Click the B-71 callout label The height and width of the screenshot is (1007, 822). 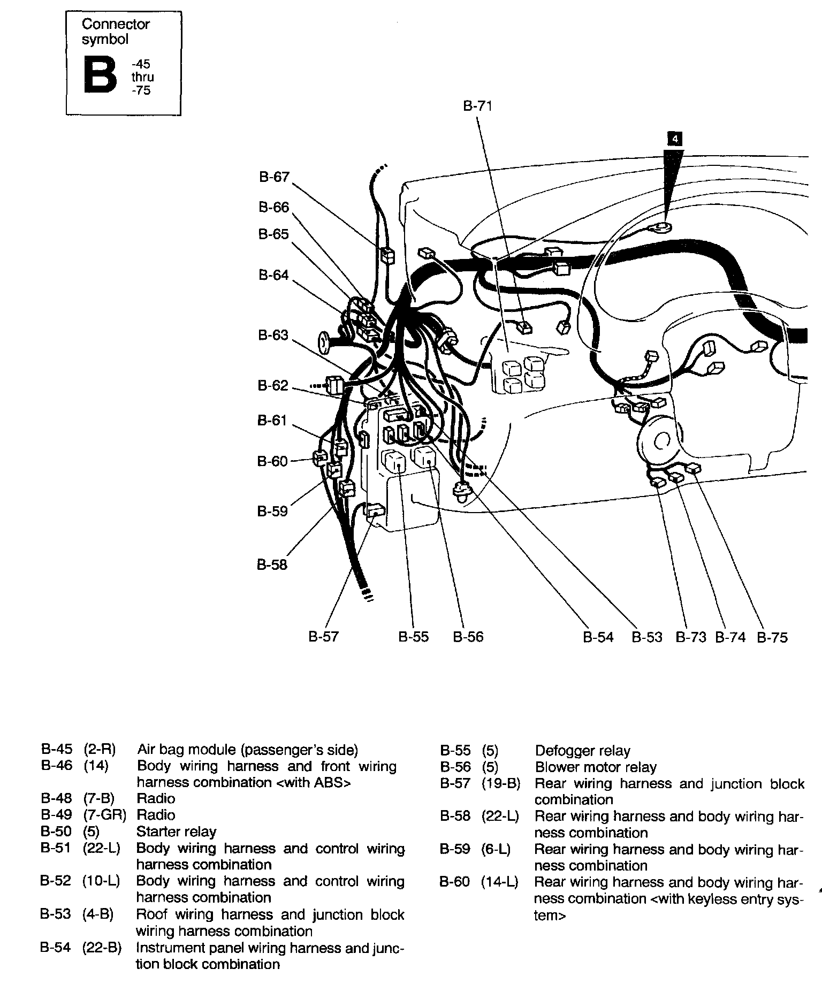click(x=477, y=106)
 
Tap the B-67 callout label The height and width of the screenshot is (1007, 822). click(x=274, y=177)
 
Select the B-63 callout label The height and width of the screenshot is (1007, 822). click(x=273, y=335)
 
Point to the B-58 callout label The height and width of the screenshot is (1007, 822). click(x=272, y=564)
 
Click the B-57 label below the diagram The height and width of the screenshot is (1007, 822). click(x=323, y=636)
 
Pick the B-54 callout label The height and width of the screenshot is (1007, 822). click(x=598, y=637)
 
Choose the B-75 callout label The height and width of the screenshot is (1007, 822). click(x=772, y=637)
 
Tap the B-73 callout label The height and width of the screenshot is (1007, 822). click(x=691, y=637)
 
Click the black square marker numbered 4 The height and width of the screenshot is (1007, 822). click(x=675, y=139)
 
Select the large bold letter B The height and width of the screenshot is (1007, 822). click(x=100, y=76)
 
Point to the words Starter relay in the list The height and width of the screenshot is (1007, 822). click(x=176, y=831)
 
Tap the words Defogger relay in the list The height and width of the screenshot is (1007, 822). click(x=582, y=751)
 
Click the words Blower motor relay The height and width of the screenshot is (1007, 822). click(x=595, y=767)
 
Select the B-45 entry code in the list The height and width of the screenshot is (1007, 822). click(x=56, y=749)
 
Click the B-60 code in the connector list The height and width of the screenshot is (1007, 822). click(x=454, y=882)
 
